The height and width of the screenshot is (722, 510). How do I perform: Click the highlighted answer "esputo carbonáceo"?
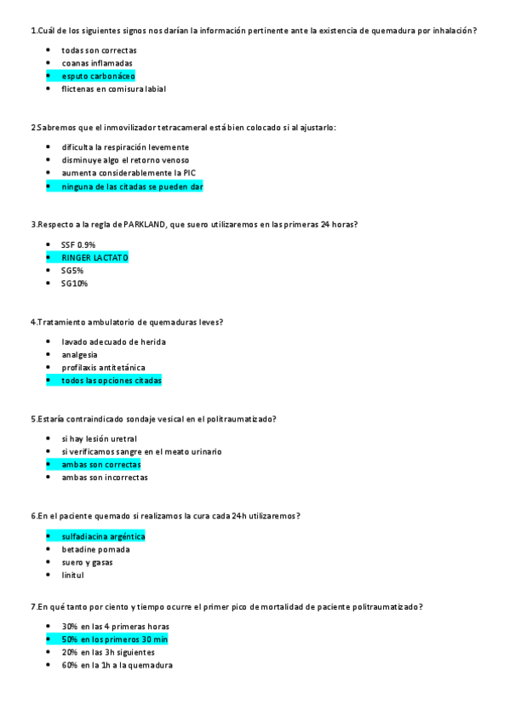[98, 76]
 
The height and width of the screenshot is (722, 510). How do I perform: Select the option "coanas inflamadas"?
[96, 63]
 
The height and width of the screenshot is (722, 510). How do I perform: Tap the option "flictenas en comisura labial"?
[113, 89]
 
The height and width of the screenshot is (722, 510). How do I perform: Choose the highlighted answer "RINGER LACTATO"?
[95, 257]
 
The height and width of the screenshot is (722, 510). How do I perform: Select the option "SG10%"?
[74, 284]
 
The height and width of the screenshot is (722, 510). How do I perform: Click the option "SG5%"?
[72, 271]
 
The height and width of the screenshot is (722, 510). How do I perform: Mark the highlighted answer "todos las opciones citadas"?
[111, 381]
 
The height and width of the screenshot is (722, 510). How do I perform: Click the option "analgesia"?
[79, 354]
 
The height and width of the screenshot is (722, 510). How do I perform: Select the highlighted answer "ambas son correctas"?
[100, 465]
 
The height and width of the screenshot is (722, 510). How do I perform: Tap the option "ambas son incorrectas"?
[104, 478]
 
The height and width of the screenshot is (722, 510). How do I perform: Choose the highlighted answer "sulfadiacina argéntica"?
[103, 536]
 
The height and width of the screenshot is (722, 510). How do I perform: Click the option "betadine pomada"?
[95, 549]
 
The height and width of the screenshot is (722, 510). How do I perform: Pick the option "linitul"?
[72, 576]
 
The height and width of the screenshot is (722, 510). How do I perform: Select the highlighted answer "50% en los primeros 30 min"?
[114, 639]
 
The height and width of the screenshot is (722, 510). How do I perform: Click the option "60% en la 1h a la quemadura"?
[117, 665]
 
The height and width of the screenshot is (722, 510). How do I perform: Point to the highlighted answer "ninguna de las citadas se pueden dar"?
[132, 186]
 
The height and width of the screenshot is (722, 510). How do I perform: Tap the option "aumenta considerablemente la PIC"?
[123, 173]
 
